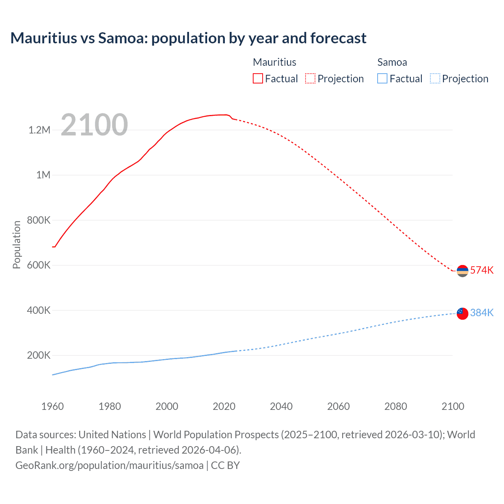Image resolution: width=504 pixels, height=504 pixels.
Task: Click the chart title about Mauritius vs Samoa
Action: (x=188, y=38)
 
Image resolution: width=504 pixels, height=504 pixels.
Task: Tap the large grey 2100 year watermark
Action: (x=94, y=125)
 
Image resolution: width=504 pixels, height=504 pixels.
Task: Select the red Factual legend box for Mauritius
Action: (x=258, y=79)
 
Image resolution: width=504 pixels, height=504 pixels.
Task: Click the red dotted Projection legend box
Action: (x=310, y=79)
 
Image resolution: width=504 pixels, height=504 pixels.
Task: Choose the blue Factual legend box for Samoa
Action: (x=382, y=79)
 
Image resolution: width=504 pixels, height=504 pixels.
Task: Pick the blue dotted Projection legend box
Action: (x=435, y=79)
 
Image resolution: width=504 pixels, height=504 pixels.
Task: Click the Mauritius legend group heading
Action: (x=274, y=62)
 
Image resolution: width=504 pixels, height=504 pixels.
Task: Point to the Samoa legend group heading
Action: (x=392, y=62)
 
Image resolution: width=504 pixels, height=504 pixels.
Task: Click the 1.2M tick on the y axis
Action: (x=39, y=130)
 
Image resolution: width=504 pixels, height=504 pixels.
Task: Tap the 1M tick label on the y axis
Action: (x=43, y=175)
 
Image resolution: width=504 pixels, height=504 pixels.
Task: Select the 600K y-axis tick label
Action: (x=39, y=265)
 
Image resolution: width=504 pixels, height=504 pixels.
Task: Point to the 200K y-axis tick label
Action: (x=39, y=355)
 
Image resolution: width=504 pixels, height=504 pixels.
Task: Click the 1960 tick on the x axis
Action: (x=52, y=406)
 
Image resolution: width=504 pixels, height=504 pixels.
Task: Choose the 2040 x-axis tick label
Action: (x=281, y=406)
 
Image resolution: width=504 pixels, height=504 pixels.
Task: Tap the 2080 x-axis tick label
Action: (x=395, y=406)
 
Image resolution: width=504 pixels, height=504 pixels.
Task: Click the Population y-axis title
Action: (x=17, y=245)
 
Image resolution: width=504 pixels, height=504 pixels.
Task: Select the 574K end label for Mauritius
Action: (x=482, y=270)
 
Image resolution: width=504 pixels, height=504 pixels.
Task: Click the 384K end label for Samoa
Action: (x=482, y=313)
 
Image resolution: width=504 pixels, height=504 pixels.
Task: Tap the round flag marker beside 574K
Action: (x=462, y=271)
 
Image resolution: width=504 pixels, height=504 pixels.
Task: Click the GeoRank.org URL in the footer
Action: (x=109, y=465)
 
